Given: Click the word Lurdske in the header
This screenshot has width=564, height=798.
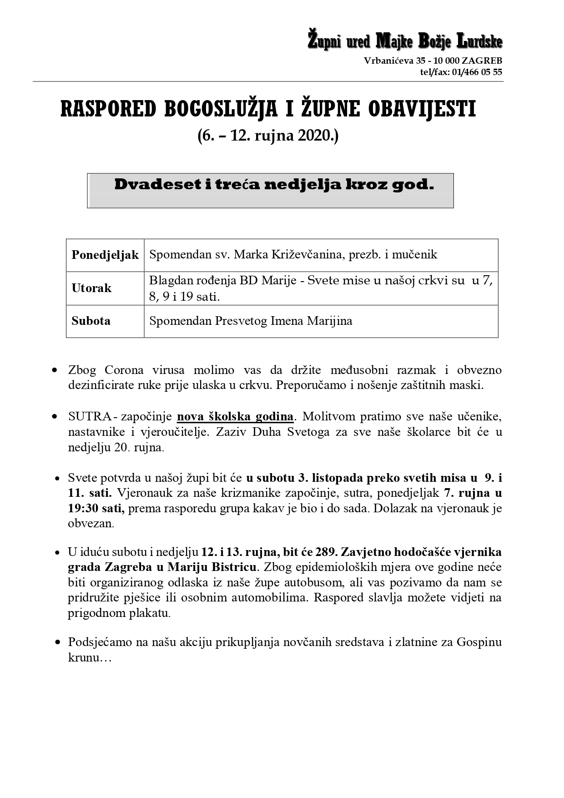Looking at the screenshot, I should (x=480, y=42).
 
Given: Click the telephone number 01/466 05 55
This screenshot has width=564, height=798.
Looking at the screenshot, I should (x=478, y=72).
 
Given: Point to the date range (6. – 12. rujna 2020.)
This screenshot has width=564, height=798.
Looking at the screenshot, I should (x=268, y=136).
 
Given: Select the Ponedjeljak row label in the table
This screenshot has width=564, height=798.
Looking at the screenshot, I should (x=105, y=255).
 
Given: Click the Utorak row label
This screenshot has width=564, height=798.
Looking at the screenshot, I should (x=91, y=288).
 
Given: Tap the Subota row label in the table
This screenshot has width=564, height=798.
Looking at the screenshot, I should (x=91, y=321).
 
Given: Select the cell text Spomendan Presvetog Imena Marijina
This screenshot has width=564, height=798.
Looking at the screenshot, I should (x=251, y=321).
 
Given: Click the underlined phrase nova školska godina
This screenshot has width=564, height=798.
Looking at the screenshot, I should (x=235, y=416).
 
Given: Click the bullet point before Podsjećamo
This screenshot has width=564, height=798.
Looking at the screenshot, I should (x=57, y=643).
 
